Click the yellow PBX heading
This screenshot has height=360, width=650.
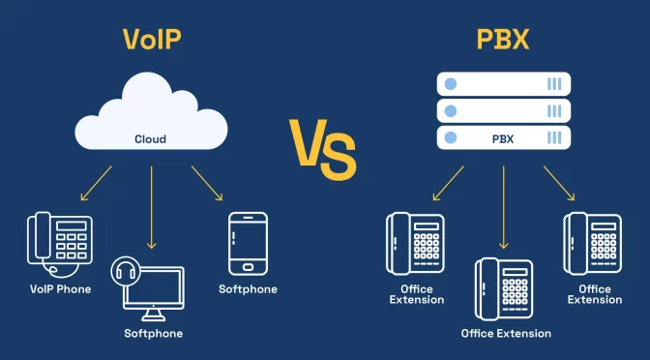click(503, 39)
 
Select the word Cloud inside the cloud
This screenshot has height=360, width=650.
click(150, 139)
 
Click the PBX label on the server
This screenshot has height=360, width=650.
click(503, 138)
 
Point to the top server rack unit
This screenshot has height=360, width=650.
click(503, 83)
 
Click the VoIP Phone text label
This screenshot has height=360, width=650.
click(60, 288)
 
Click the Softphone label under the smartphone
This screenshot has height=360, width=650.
click(248, 289)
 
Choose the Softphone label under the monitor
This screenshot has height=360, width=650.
click(153, 334)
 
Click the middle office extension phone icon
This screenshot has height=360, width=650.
click(503, 288)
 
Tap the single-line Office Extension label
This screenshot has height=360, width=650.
click(506, 334)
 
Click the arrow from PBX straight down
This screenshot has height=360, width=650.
click(503, 203)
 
